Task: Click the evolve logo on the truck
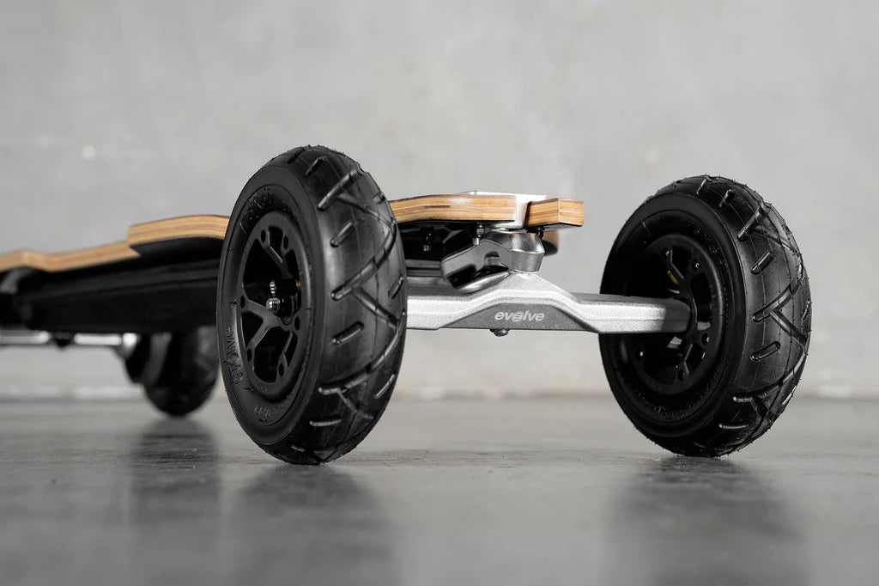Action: [518, 316]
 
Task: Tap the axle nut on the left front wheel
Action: [274, 304]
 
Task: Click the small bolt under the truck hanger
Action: [499, 332]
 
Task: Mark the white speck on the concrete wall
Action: [88, 152]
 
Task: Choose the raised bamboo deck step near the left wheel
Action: [176, 228]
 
